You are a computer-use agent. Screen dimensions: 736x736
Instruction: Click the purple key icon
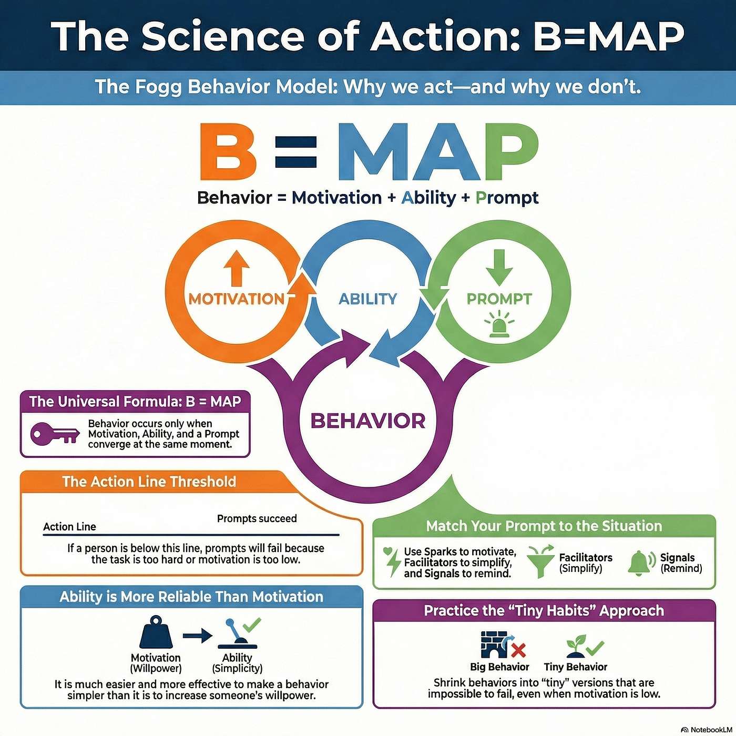click(55, 434)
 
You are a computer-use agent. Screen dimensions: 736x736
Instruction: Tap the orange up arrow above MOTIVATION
click(237, 268)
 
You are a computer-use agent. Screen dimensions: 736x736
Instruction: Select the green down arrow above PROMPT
click(499, 267)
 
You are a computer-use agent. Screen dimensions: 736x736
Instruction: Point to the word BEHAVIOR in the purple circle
click(368, 421)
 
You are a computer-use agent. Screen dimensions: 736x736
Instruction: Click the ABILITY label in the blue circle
click(368, 299)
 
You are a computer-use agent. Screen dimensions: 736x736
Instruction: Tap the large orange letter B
click(228, 151)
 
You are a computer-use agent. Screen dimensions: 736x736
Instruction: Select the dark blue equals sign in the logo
click(296, 152)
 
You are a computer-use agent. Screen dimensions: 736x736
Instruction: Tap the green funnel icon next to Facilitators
click(540, 561)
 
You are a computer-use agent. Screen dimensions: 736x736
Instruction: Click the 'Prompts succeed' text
click(257, 518)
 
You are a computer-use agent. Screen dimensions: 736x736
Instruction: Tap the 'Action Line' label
click(69, 527)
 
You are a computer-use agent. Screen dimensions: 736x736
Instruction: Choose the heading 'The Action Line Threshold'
click(149, 481)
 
